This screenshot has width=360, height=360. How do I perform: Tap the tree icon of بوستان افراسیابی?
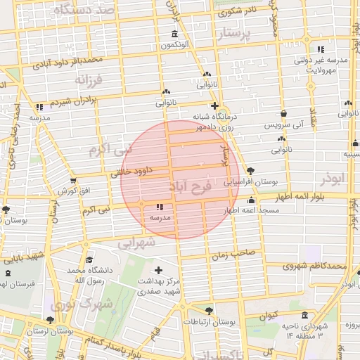(250, 171)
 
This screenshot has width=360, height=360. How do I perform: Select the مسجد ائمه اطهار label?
(242, 210)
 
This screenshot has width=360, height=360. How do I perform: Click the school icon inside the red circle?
(159, 207)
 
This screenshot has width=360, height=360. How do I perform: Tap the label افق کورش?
(73, 191)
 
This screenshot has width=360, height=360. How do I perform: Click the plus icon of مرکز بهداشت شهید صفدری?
(158, 270)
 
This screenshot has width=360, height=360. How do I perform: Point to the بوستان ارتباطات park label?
(208, 321)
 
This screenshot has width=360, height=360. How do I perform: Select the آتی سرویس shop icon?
(283, 113)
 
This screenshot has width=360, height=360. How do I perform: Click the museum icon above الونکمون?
(174, 35)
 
